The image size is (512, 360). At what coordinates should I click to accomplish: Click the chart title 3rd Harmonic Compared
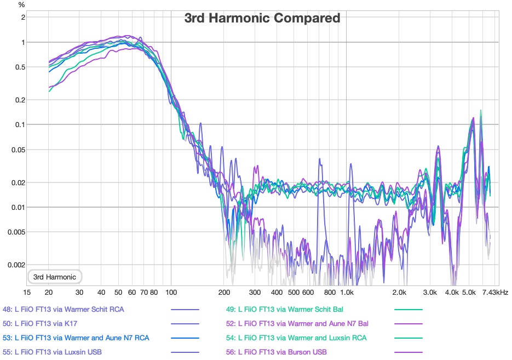[x=262, y=18]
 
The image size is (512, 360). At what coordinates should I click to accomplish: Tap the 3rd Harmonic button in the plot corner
[x=55, y=277]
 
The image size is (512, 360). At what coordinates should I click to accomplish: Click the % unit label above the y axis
[x=22, y=5]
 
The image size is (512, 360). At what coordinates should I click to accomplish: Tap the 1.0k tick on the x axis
[x=346, y=293]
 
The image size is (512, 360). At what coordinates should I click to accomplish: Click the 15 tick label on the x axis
[x=27, y=293]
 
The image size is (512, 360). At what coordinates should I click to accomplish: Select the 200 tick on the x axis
[x=224, y=293]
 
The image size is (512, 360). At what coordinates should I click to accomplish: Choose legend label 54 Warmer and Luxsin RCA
[x=296, y=338]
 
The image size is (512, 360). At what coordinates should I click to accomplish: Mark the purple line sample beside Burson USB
[x=409, y=352]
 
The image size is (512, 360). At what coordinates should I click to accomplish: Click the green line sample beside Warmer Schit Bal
[x=409, y=310]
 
